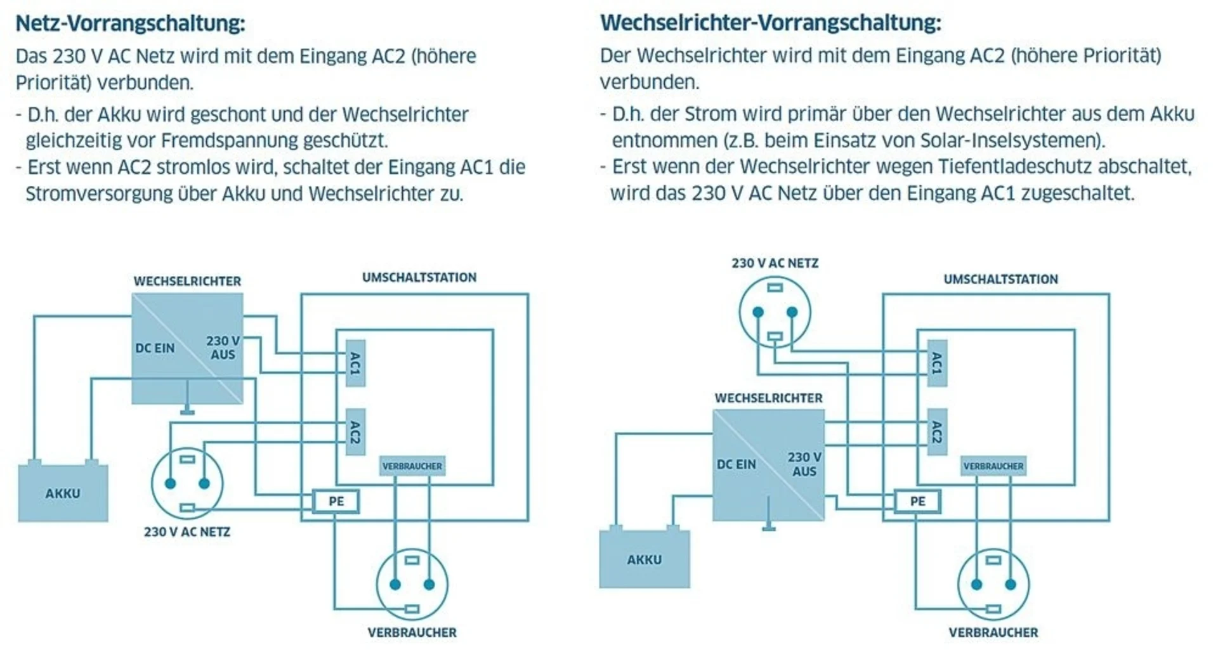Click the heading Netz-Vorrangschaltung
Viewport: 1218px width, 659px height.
pos(130,23)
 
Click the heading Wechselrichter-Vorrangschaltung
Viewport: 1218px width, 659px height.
pos(770,23)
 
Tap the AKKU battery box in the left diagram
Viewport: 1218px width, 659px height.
pos(63,493)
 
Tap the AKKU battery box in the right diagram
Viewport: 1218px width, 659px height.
pos(644,559)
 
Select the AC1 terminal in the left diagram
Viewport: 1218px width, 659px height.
pos(355,363)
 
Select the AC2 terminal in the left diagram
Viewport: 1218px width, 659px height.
pos(355,432)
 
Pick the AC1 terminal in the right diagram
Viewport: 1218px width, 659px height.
pos(936,363)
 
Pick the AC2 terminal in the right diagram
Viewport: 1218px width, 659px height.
pos(936,432)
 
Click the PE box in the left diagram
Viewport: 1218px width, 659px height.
pos(336,501)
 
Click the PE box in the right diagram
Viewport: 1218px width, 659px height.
pos(917,501)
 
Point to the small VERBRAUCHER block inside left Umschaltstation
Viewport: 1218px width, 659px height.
pos(412,466)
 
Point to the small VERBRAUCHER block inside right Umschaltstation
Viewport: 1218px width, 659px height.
pos(993,466)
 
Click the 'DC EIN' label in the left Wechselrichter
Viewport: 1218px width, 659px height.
pos(155,348)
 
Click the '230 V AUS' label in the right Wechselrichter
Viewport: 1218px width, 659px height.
pos(804,464)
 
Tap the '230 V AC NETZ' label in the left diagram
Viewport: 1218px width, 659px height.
pos(187,532)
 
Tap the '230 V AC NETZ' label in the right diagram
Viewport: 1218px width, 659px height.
pos(775,263)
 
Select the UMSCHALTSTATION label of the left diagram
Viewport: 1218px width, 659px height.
pos(419,277)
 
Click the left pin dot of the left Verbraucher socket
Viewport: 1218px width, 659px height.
pos(395,584)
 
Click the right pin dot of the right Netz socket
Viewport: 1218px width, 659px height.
pos(792,311)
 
